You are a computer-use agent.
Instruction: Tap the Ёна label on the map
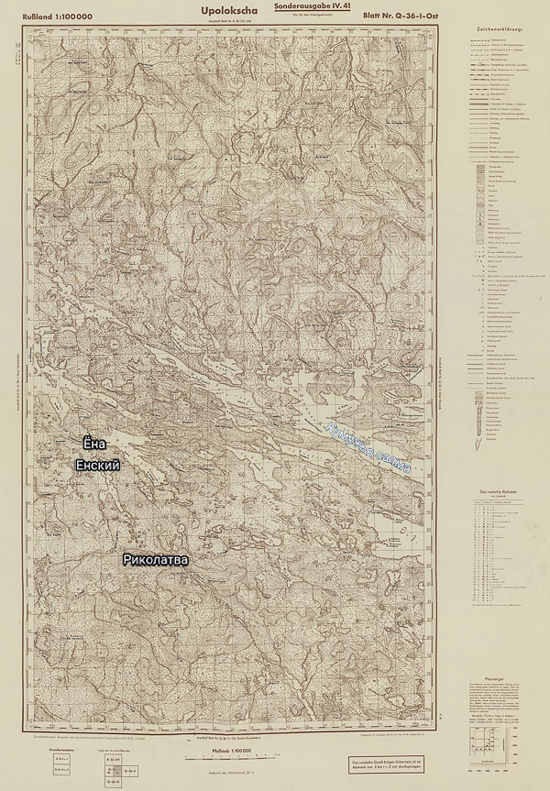(95, 444)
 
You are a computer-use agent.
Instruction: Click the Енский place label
(98, 466)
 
